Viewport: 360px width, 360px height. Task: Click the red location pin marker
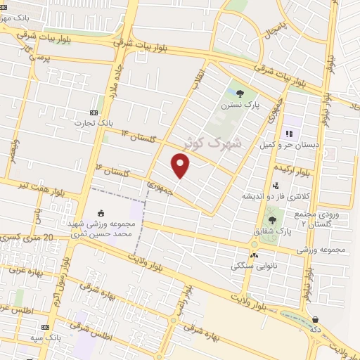point(181,166)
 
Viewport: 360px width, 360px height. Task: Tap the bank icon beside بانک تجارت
point(94,112)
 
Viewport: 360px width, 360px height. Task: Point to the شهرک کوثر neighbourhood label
point(212,141)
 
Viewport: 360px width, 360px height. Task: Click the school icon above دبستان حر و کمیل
point(288,134)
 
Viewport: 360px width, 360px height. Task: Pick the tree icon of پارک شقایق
point(271,220)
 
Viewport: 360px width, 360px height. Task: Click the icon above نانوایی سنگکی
point(254,255)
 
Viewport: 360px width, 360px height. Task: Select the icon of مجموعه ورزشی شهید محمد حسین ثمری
point(101,214)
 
